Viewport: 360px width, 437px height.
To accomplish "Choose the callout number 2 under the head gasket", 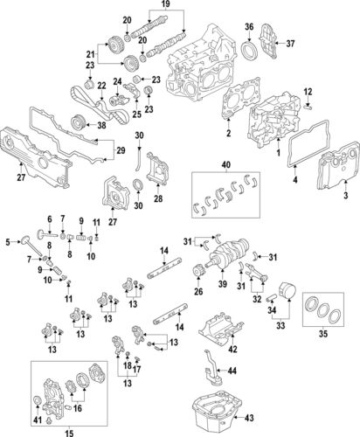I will pos(227,134).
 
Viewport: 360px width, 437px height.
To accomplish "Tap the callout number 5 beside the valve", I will pos(6,241).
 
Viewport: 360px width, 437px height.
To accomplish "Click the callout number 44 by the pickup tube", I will pos(233,371).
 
